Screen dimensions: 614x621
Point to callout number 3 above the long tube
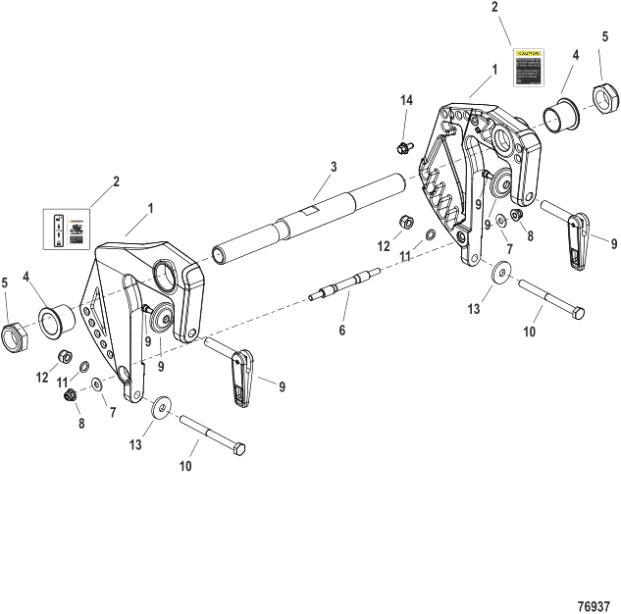(334, 167)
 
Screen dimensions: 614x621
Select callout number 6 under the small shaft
(341, 331)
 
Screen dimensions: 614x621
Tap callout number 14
(406, 101)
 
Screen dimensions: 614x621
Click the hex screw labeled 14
(402, 148)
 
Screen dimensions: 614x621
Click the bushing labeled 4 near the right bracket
(562, 111)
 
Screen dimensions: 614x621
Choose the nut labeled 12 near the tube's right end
(404, 222)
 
